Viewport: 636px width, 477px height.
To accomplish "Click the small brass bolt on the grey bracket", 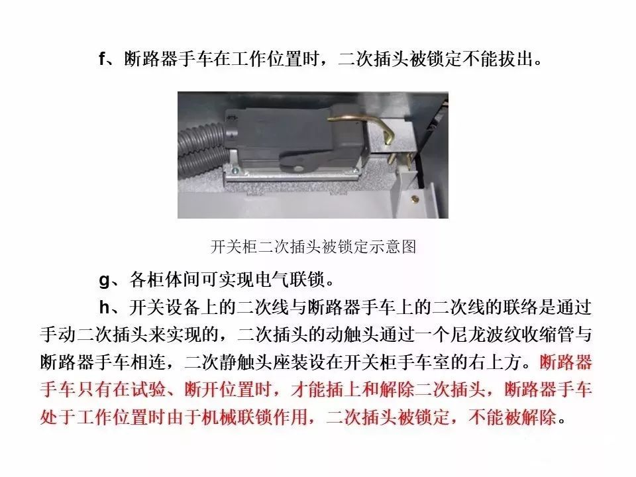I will [x=415, y=197].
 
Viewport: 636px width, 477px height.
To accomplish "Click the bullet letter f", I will [x=102, y=60].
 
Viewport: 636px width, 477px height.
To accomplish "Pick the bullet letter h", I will [x=103, y=308].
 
